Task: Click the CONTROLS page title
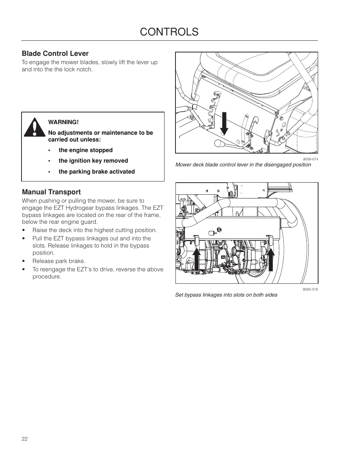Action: tap(169, 32)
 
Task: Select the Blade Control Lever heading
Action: tap(55, 54)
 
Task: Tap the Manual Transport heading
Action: tap(51, 192)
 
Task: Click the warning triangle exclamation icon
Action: tap(35, 128)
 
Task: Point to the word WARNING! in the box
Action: tap(63, 122)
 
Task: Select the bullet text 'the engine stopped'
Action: tap(85, 150)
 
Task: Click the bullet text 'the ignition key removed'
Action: tap(93, 161)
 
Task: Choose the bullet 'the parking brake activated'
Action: tap(97, 172)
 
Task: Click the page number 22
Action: tap(25, 439)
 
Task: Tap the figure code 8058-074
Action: tap(310, 159)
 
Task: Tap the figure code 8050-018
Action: tap(310, 289)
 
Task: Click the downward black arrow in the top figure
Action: tap(224, 123)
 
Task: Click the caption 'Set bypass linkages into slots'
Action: tap(226, 295)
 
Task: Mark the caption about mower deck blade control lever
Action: tap(243, 165)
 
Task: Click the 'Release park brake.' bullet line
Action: tap(59, 261)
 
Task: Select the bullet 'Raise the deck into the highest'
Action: tap(94, 230)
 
